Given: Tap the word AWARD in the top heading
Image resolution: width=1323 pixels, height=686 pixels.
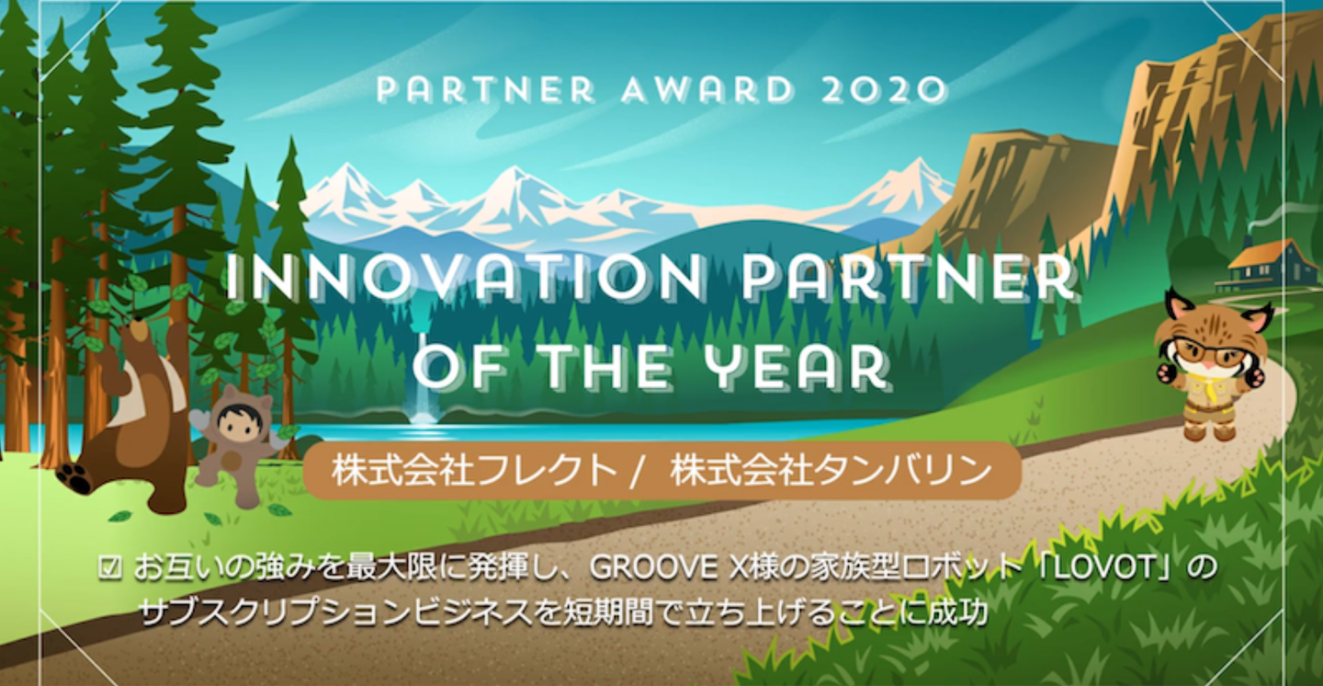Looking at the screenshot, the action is click(x=707, y=90).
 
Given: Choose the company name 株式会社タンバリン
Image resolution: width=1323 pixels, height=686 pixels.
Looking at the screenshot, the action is click(x=831, y=472).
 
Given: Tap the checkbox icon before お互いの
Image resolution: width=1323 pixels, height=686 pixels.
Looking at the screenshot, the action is click(x=110, y=567).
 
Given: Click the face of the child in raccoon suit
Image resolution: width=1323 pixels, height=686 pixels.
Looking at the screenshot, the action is click(x=238, y=422).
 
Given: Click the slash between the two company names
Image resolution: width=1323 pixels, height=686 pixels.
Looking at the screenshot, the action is click(x=636, y=473).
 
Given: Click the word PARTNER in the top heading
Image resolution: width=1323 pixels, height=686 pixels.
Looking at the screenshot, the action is click(x=485, y=90).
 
